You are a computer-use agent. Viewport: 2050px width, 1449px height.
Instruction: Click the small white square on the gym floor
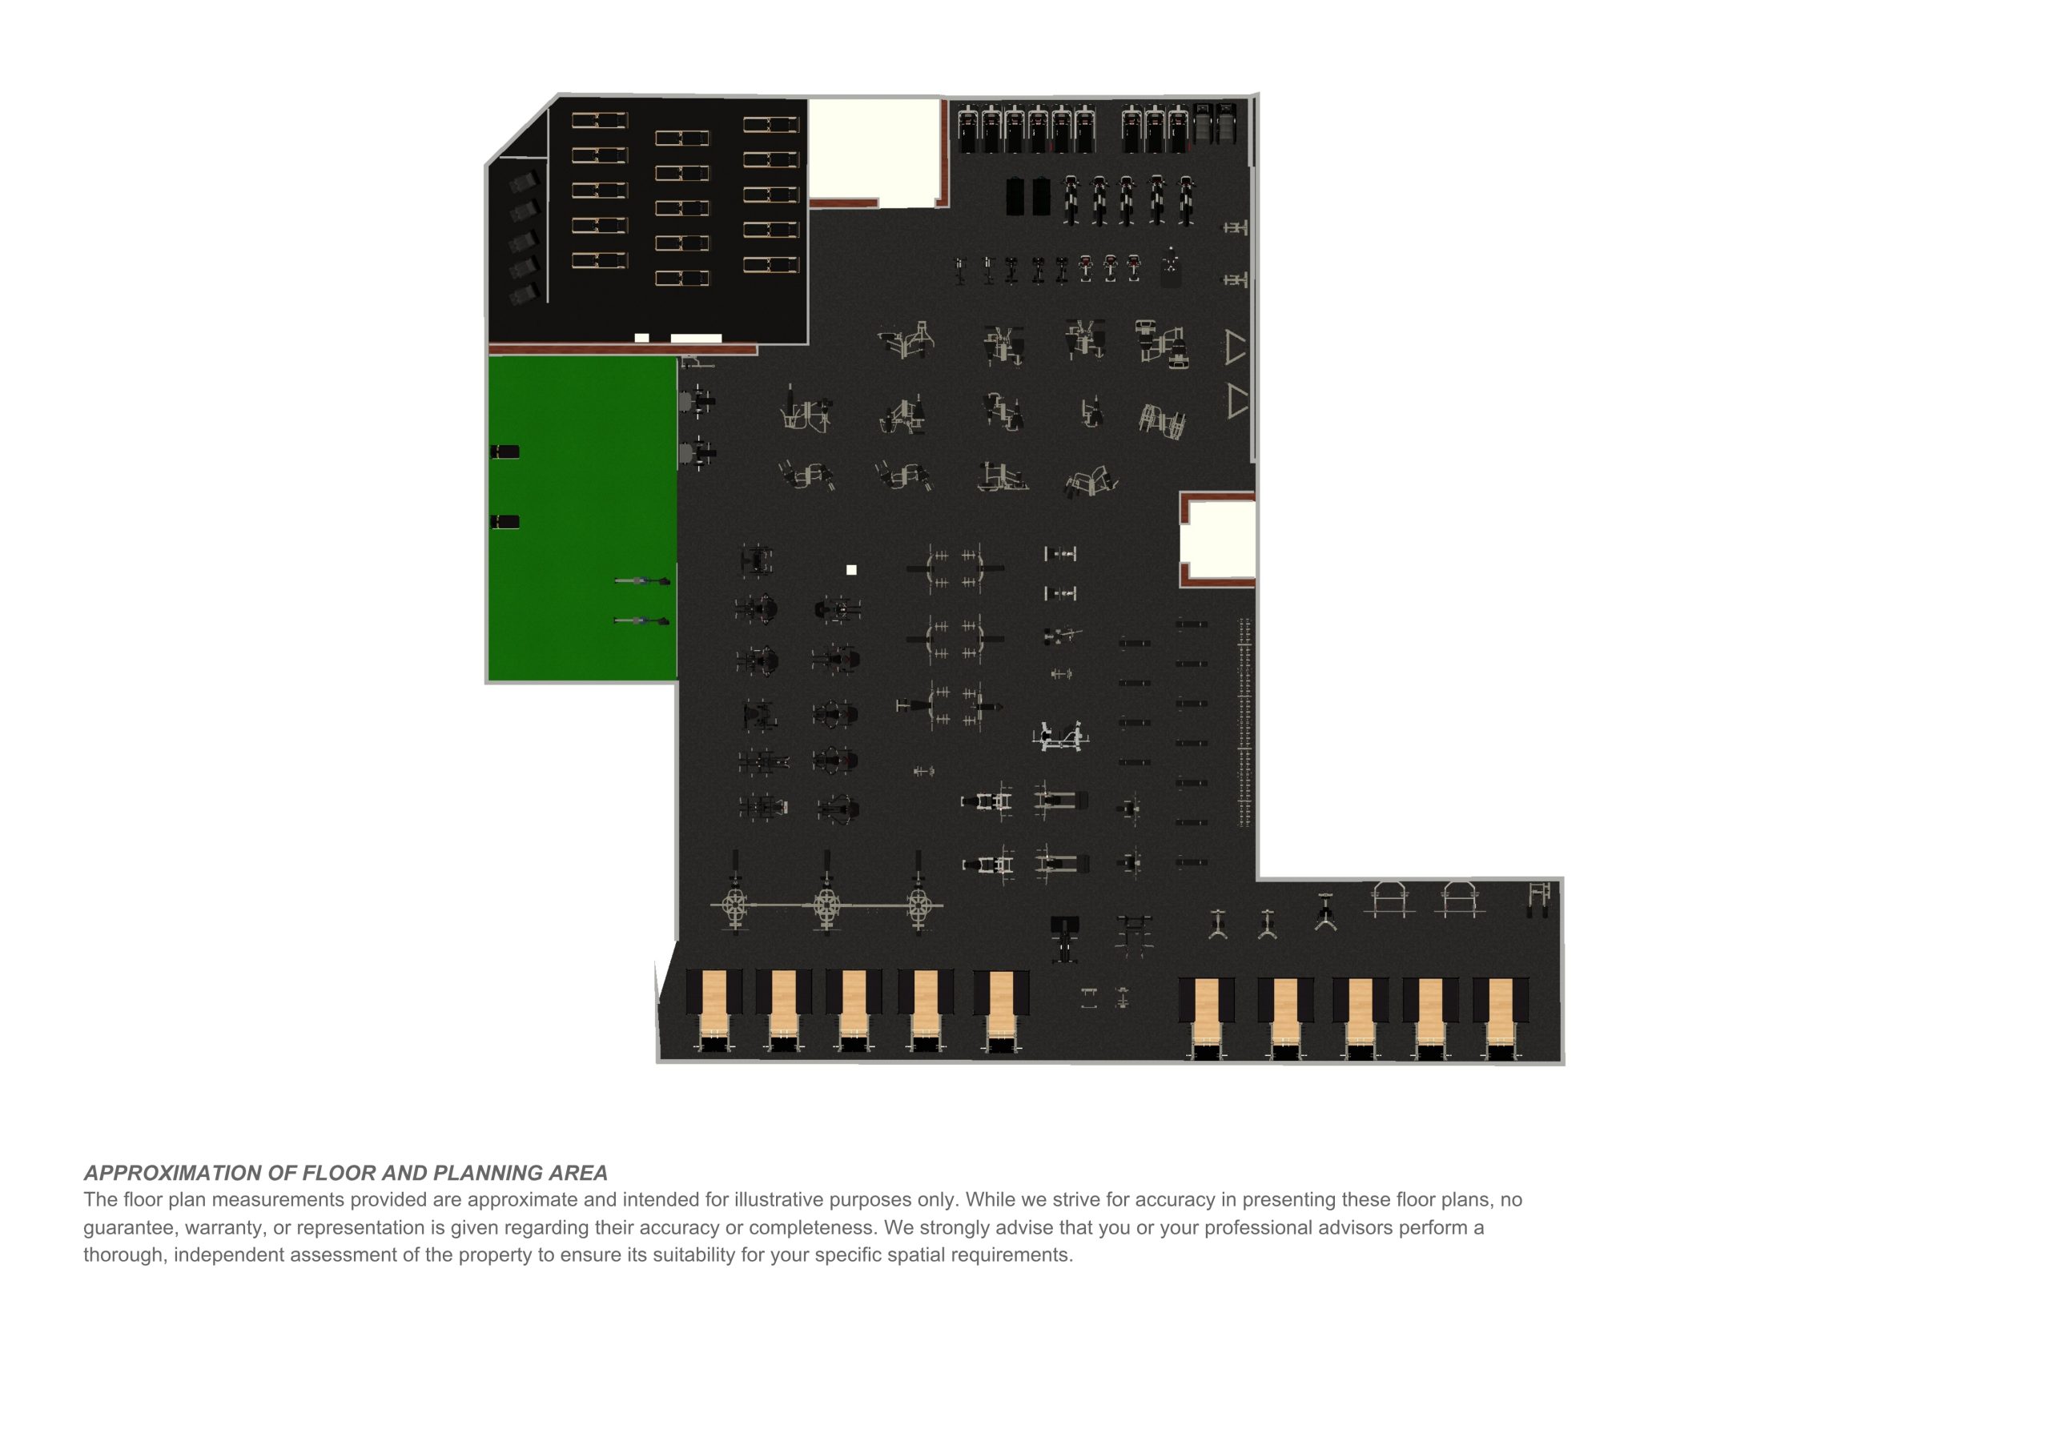851,570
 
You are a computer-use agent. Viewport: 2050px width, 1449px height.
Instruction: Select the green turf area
582,519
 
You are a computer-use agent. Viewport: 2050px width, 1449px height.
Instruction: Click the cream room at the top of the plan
874,150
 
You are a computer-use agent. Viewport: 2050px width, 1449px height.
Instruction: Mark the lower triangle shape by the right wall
1236,401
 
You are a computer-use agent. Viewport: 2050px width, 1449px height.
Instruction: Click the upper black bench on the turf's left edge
505,452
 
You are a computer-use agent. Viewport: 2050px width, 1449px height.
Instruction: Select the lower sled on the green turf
641,620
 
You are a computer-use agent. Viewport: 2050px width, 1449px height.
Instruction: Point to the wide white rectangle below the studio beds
696,339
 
